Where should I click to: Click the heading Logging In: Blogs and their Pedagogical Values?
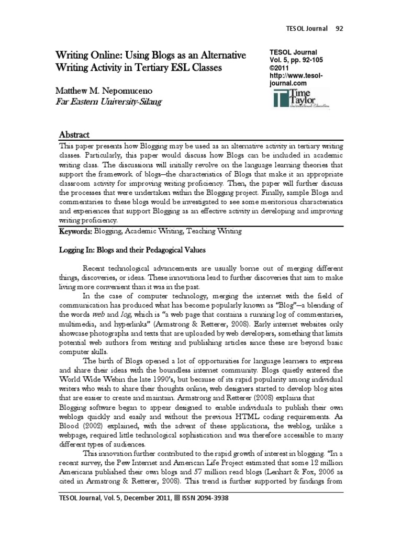coord(131,250)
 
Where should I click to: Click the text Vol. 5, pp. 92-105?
coord(296,60)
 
